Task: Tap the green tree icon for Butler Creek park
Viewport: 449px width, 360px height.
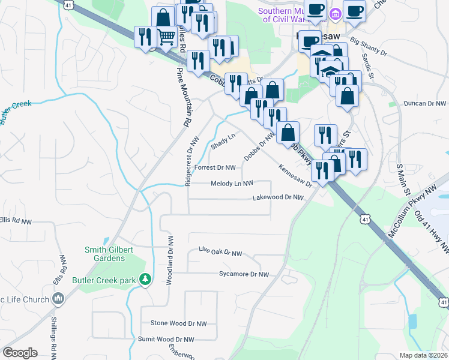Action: point(145,280)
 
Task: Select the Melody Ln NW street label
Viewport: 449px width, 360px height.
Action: point(232,184)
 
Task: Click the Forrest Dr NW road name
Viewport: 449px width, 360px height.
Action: point(215,167)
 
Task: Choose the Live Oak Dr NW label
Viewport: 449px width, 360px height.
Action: point(220,254)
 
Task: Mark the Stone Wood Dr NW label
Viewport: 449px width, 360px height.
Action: point(178,323)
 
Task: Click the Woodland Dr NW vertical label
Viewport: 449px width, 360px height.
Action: point(170,255)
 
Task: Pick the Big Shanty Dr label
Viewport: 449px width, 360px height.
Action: point(369,47)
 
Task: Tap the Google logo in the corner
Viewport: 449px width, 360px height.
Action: point(20,353)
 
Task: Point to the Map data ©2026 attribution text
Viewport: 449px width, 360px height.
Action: point(424,355)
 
